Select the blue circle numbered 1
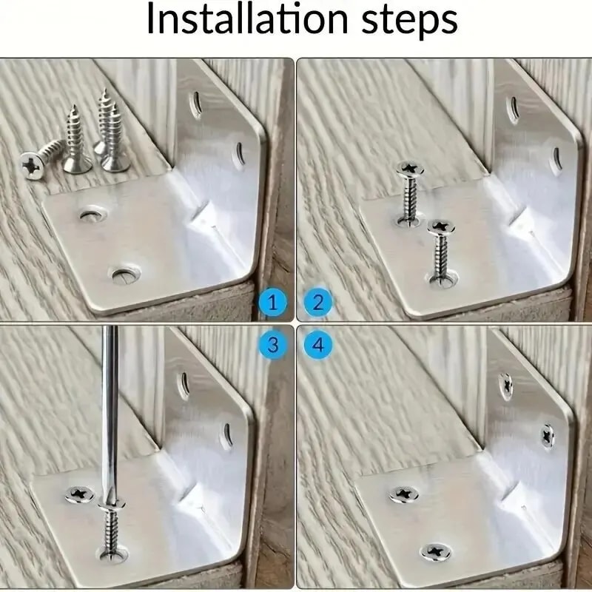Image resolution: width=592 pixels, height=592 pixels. point(273,302)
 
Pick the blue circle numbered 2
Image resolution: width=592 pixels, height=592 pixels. point(318,302)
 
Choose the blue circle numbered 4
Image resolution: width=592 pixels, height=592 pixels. point(318,344)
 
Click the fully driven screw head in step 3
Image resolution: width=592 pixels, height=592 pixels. point(78,492)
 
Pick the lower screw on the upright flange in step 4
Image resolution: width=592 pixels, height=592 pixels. point(548,436)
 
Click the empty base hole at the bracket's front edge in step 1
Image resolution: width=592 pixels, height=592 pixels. point(123,276)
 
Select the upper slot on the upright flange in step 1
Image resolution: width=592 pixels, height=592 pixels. point(195,103)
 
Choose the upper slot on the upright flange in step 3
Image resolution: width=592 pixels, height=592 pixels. point(182,385)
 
